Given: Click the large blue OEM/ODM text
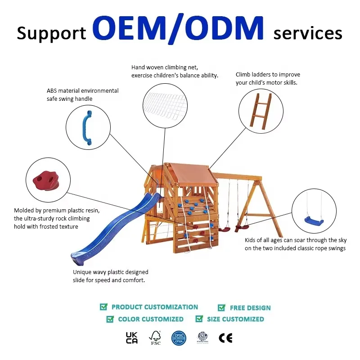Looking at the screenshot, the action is point(178,28).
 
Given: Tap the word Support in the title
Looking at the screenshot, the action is point(51,34).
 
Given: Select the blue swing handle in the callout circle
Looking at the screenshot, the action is point(87,128).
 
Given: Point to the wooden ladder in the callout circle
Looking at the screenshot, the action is point(261,111).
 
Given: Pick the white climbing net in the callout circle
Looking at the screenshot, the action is point(165,106).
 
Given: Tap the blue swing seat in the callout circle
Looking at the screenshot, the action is point(314,221).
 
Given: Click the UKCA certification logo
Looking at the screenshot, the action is point(132,338).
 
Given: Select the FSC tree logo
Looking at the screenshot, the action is point(155,338).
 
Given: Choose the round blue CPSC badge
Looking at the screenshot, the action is point(179,338).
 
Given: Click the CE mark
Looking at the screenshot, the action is point(226,338).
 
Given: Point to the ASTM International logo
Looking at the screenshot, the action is point(203,337).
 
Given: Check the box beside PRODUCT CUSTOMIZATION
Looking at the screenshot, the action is point(103,306).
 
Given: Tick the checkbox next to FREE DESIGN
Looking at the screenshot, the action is point(221,307).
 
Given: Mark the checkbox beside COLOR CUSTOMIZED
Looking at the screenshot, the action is point(110,319).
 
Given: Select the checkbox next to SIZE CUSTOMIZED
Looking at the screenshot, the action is point(199,319).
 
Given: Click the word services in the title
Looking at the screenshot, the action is point(308,33).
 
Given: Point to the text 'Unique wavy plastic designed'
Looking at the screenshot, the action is point(110,272).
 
